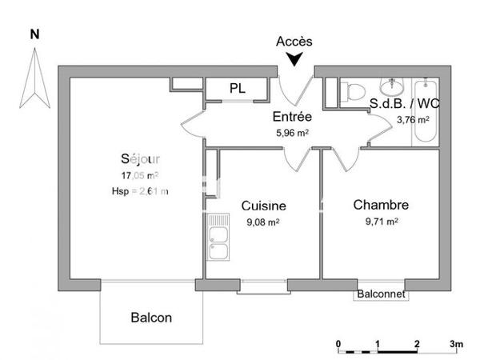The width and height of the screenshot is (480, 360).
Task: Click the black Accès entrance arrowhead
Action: click(295, 58)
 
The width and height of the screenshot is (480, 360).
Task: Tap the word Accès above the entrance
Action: click(294, 41)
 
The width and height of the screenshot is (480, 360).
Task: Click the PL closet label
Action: click(238, 88)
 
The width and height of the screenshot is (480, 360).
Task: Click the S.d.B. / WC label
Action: click(404, 103)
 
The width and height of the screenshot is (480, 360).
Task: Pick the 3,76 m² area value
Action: click(413, 120)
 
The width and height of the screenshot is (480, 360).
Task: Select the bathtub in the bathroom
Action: click(425, 112)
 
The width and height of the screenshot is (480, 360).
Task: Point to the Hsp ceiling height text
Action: click(140, 190)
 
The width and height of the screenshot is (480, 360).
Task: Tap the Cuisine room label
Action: click(263, 206)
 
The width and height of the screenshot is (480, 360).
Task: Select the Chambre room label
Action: click(381, 205)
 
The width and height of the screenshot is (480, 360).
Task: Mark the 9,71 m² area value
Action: click(381, 222)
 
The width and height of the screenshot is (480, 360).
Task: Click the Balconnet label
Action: click(382, 294)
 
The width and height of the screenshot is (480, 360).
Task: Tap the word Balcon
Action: click(150, 318)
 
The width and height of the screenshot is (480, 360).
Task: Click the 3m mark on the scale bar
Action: click(455, 343)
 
